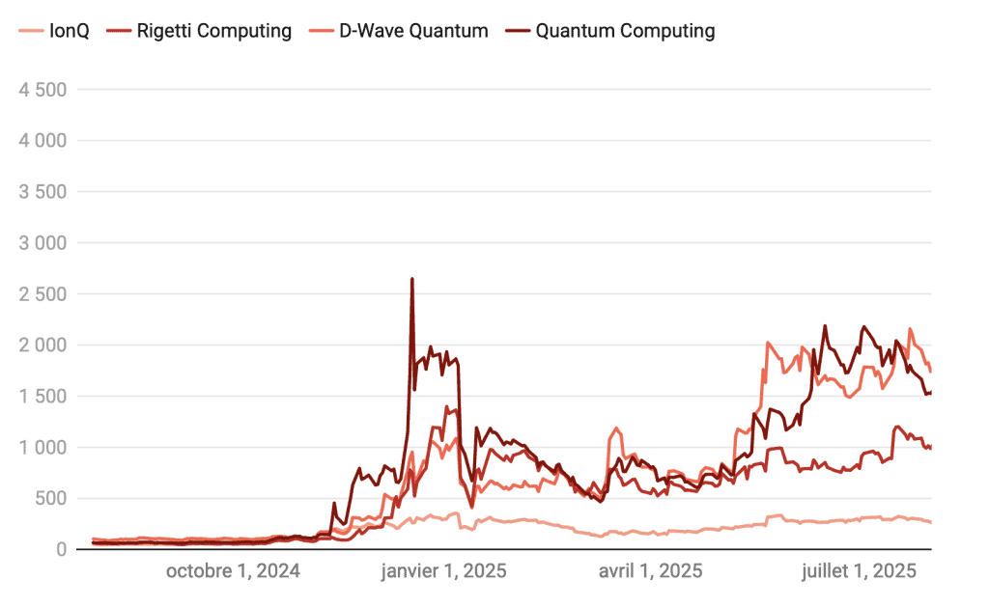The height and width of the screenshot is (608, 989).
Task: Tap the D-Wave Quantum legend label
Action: coord(413,31)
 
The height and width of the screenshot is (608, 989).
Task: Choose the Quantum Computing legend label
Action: coord(625,31)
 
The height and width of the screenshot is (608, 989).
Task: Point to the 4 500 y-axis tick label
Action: coord(42,90)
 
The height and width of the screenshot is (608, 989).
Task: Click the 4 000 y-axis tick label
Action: coord(42,141)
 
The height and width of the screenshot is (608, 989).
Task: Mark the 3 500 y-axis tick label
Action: coord(42,192)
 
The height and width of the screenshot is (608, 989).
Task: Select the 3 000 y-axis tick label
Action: coord(42,243)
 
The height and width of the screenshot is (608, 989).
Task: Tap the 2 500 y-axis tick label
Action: coord(42,294)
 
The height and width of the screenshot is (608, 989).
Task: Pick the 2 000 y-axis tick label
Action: coord(42,345)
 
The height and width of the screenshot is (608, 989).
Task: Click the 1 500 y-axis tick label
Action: coord(42,397)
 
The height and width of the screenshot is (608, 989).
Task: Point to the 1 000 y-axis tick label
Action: coord(42,448)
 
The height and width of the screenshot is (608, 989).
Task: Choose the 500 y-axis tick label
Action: coord(49,499)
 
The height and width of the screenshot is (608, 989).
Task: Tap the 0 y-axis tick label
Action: coord(60,550)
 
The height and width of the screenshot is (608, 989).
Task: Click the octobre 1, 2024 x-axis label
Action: coord(233,571)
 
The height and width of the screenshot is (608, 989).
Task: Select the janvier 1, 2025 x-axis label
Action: coord(444,571)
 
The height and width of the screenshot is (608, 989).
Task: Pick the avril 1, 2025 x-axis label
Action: coord(651,571)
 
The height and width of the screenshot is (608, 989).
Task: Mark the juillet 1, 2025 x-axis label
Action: coord(859,571)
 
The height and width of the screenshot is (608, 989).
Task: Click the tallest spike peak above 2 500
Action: coord(412,279)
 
